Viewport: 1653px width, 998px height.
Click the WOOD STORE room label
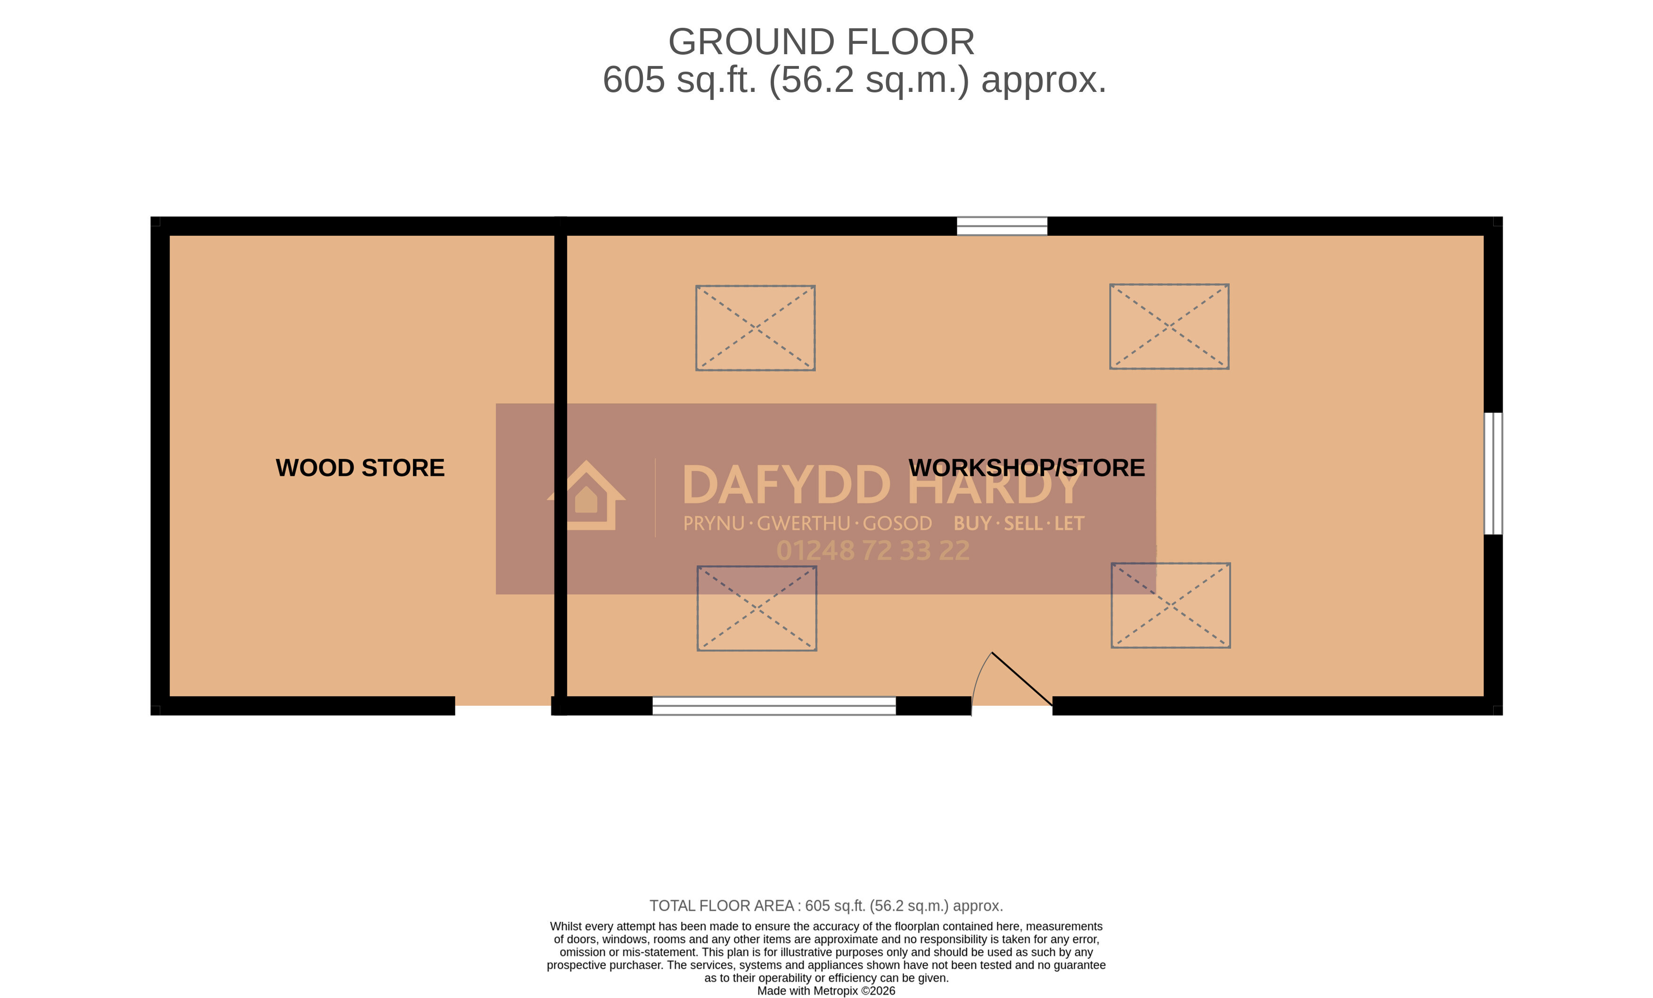coord(360,468)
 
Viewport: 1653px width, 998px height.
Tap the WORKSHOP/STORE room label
coord(1027,468)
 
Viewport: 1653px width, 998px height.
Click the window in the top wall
coord(1002,226)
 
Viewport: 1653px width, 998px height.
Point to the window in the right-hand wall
coord(1493,473)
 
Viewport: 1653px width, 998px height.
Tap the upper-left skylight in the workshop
coord(756,328)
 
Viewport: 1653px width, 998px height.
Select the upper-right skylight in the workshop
coord(1169,327)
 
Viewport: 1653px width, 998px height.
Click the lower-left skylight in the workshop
coord(757,608)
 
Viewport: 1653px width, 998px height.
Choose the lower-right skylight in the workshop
coord(1171,605)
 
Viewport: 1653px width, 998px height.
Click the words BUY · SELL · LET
coord(1019,523)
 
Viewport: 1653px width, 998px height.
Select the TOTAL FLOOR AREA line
coord(826,906)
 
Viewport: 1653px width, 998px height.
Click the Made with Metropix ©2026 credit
coord(826,990)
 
